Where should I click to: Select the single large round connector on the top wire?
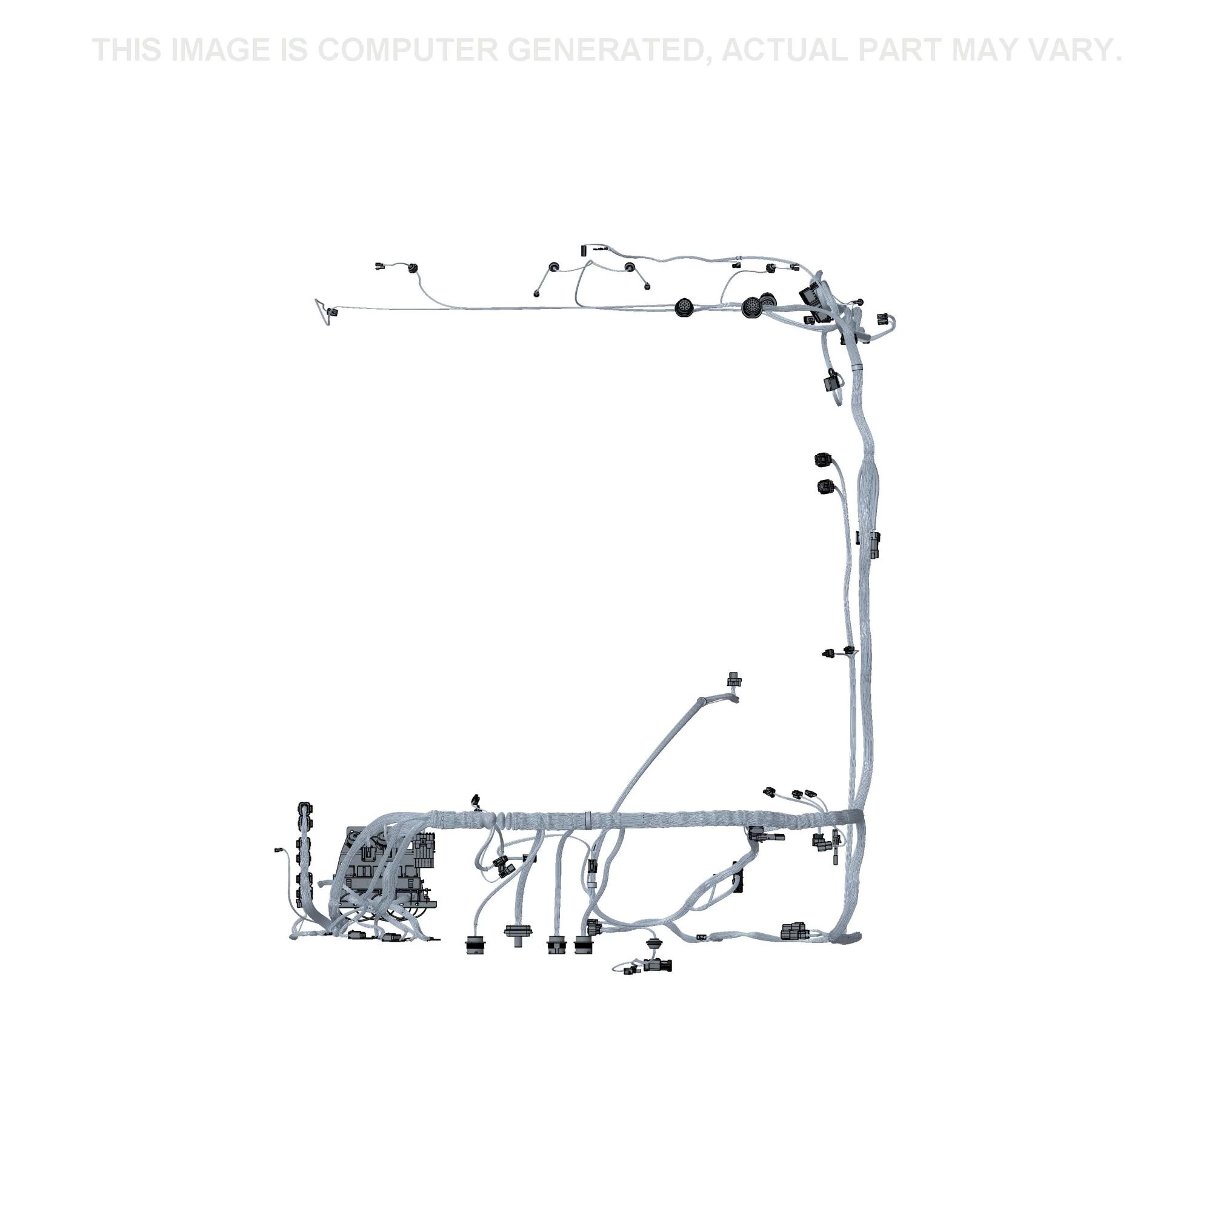(x=684, y=308)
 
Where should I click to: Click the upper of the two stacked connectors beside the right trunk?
(x=822, y=460)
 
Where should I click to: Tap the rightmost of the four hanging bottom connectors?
(x=584, y=945)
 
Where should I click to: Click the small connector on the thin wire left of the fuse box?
(x=279, y=850)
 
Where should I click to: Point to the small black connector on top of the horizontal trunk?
(x=476, y=801)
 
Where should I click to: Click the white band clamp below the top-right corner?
(x=856, y=364)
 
